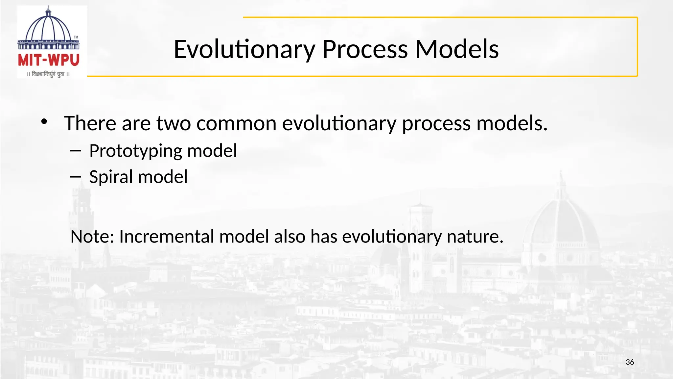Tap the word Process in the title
pos(365,49)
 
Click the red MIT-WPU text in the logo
pos(49,60)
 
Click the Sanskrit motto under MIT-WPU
pos(49,74)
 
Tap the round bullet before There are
pos(44,122)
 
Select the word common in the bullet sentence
pos(236,123)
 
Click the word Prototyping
pos(135,151)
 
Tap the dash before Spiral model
pos(76,177)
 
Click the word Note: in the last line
pos(92,237)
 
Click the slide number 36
pos(630,362)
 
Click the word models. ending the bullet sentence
pos(512,123)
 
